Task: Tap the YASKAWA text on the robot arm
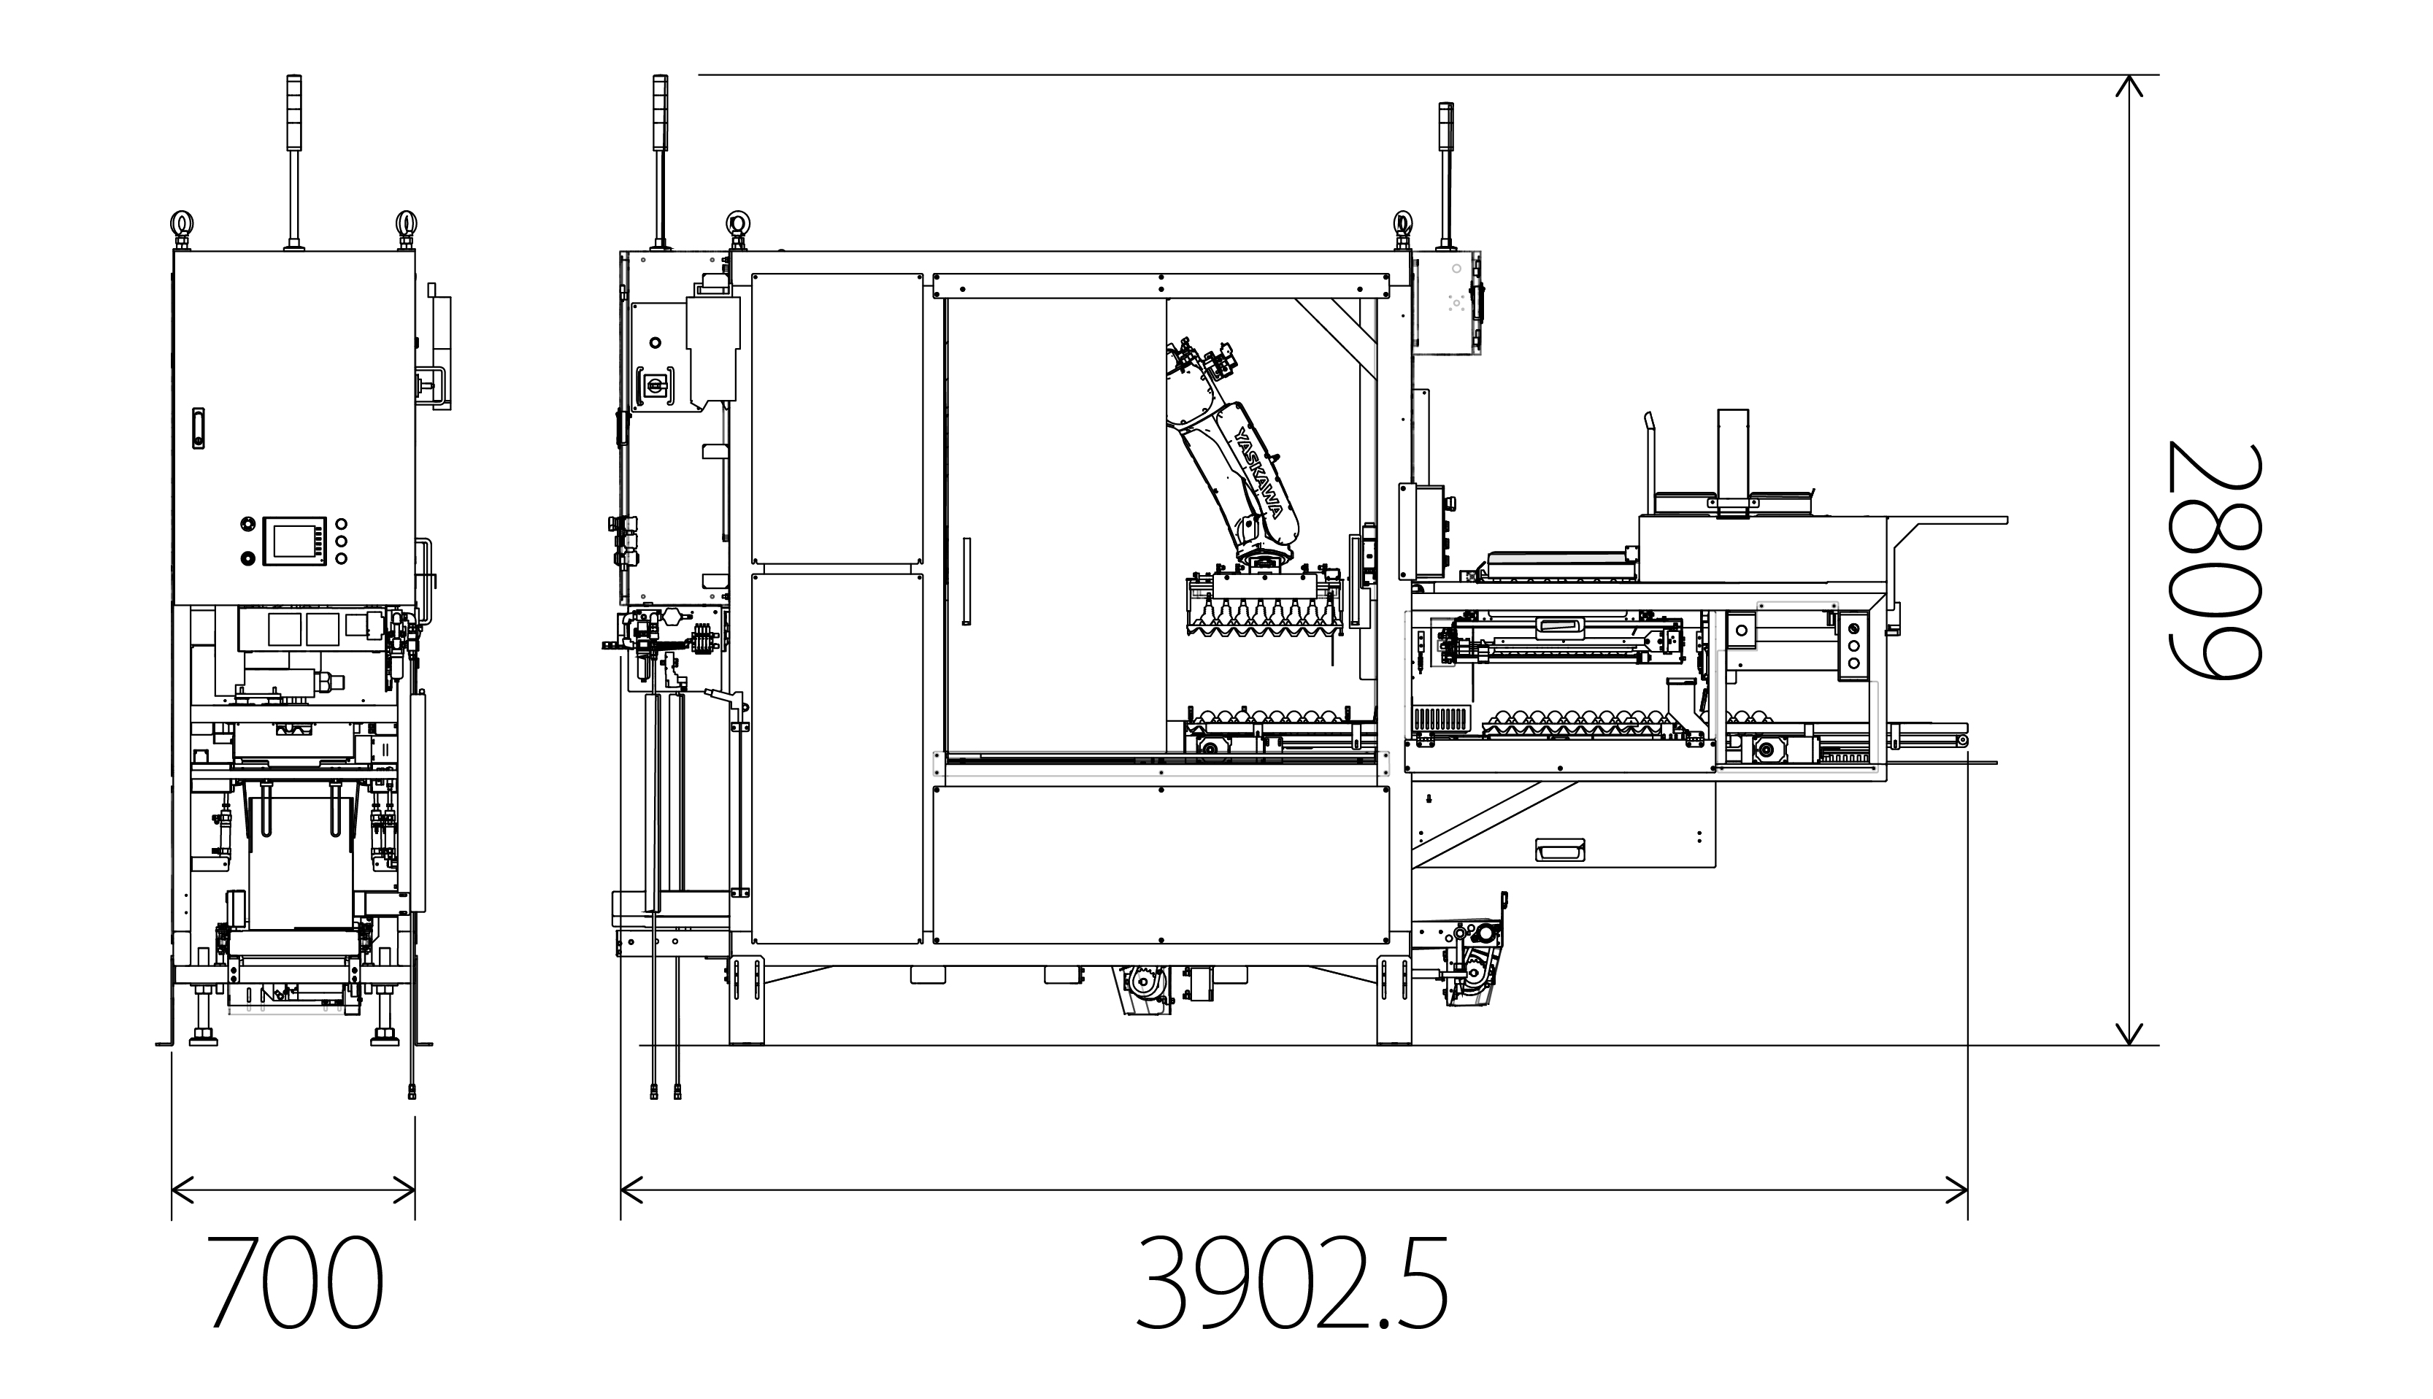[1258, 473]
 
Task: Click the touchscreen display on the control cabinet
[294, 541]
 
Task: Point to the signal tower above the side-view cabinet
[294, 161]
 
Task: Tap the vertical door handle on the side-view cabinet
[198, 428]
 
